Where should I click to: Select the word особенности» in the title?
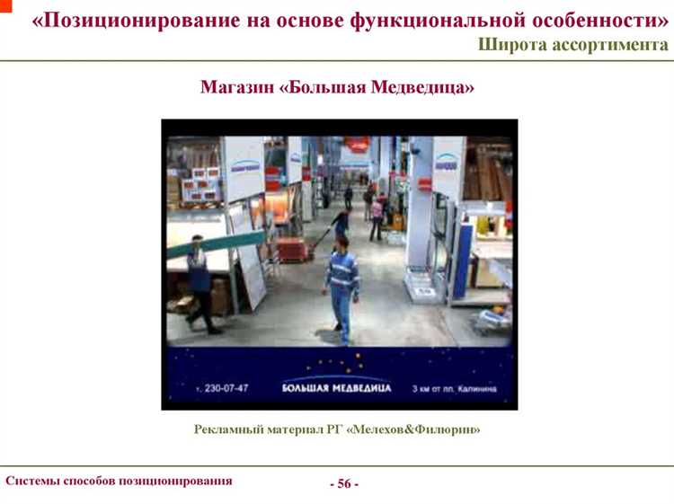click(594, 20)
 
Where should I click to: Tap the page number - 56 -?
click(343, 483)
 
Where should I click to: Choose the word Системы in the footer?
click(33, 481)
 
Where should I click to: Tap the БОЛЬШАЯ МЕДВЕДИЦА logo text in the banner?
click(336, 388)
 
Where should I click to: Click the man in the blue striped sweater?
click(341, 283)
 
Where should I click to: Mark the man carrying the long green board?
click(200, 283)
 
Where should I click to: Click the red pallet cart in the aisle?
click(293, 249)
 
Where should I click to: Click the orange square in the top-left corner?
click(4, 4)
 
